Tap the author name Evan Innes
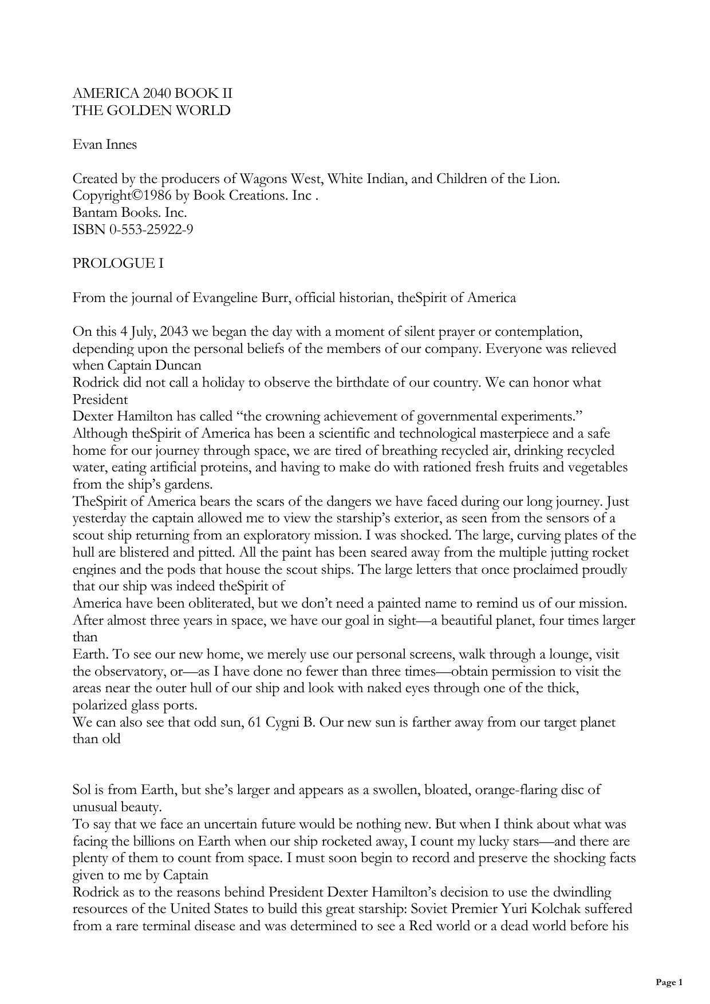coord(105,145)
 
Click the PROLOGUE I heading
coord(118,264)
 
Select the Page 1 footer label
coord(669,982)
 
